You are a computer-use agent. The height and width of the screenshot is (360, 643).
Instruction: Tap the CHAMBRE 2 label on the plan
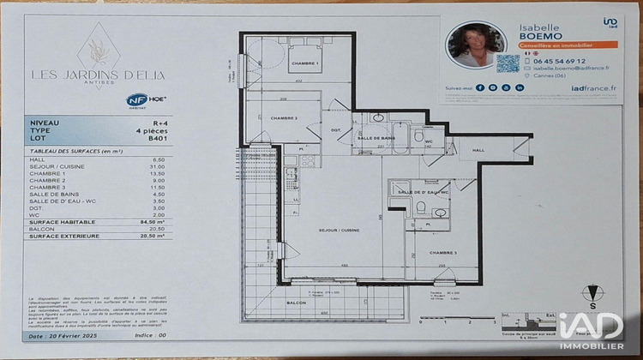[284, 117]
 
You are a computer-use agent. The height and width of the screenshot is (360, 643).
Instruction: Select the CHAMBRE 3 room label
[444, 253]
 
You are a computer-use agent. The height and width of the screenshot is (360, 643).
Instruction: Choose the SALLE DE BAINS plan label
[375, 138]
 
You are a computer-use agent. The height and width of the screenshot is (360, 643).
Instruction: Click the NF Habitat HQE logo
[146, 99]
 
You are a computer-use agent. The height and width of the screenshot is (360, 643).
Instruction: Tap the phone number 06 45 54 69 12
[558, 62]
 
